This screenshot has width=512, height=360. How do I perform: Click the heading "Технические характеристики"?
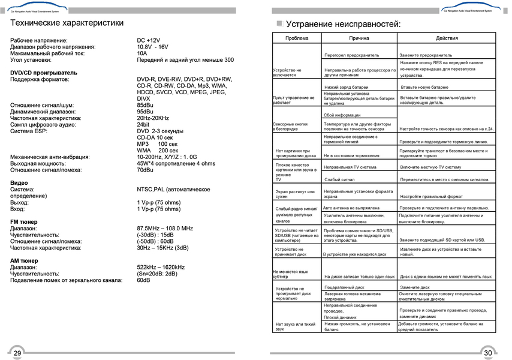tap(68, 23)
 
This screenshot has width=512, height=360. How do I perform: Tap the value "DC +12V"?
tap(149, 40)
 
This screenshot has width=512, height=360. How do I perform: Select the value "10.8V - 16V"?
tap(152, 47)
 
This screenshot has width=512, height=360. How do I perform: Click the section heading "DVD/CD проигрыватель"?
tap(44, 73)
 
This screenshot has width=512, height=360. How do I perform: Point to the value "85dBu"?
tap(145, 106)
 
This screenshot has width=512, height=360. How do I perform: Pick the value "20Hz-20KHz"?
tap(153, 118)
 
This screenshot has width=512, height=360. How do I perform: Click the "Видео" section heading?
tap(19, 182)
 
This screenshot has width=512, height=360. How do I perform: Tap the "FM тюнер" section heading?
tap(25, 222)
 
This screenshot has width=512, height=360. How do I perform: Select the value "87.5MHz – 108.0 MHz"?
tap(165, 229)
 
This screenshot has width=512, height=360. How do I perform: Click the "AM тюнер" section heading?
tap(25, 261)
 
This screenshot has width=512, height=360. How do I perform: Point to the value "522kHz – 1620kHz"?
tap(161, 267)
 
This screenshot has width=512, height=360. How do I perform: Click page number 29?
tap(17, 353)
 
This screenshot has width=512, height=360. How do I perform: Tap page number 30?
tap(487, 353)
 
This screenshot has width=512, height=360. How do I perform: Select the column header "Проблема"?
tap(297, 38)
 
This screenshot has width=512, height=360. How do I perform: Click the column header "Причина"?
tap(359, 38)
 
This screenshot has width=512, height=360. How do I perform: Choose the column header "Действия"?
tap(447, 38)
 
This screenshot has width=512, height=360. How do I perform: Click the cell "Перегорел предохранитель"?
tap(351, 55)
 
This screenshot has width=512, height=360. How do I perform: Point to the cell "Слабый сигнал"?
tap(339, 179)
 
